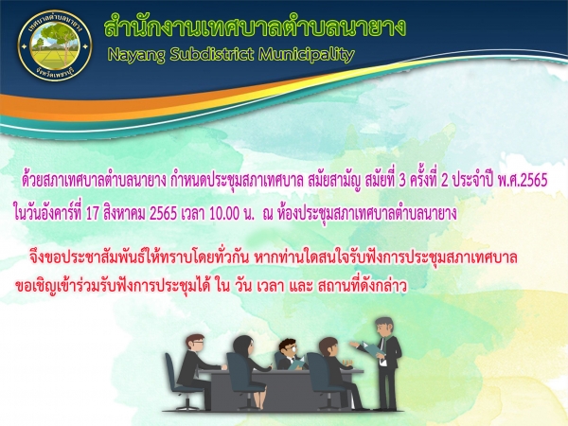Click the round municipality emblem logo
tap(55, 45)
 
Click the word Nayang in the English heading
tap(136, 55)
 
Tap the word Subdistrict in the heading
tap(211, 54)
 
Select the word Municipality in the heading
tap(307, 55)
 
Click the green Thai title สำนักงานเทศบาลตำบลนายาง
tap(255, 27)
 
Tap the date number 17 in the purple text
tap(92, 214)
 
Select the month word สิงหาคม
tap(124, 213)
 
